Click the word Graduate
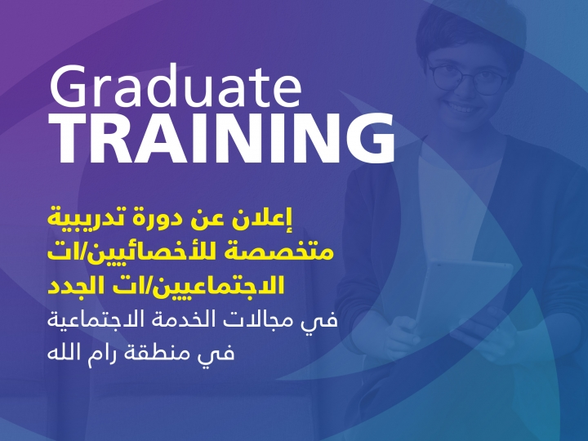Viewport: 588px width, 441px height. point(176,86)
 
